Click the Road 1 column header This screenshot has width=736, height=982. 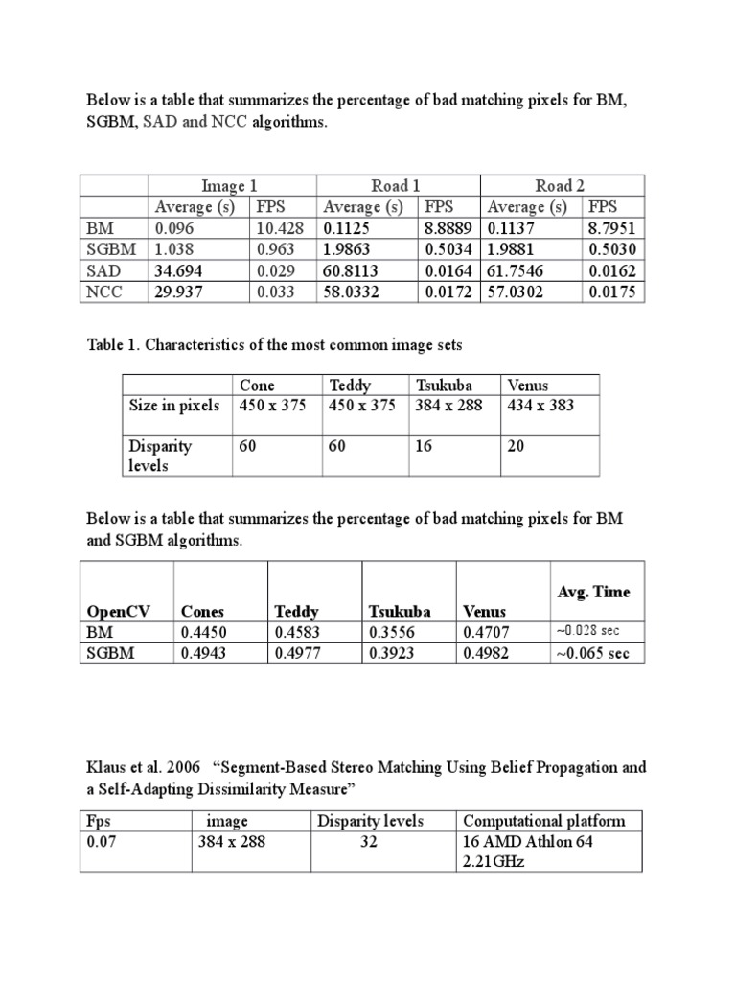(396, 186)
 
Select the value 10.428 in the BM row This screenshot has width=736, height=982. (272, 228)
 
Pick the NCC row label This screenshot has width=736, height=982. (103, 292)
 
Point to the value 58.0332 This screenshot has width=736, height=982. (353, 292)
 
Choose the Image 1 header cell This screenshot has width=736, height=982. (230, 186)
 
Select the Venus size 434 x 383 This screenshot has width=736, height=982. (540, 405)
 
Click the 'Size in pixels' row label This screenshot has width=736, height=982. (174, 405)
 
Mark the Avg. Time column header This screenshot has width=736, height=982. (593, 592)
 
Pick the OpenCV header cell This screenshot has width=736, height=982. (120, 611)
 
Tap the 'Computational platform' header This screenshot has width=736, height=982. (543, 821)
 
